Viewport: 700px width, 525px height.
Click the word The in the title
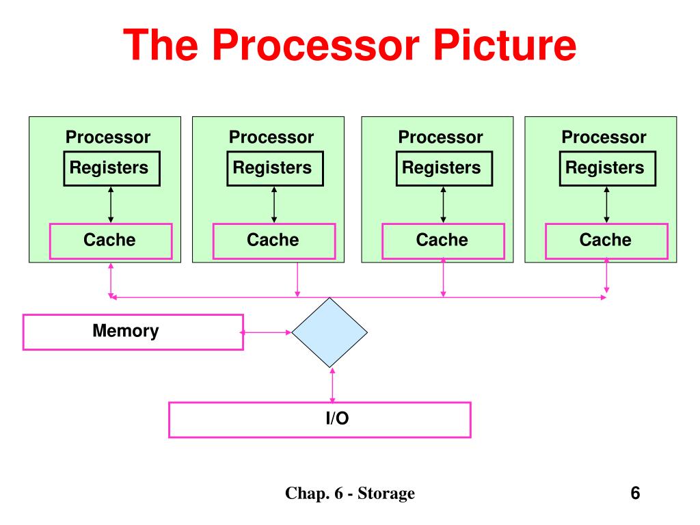[x=160, y=44]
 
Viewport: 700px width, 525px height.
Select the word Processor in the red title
[x=316, y=44]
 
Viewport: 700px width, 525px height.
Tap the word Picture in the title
[x=505, y=44]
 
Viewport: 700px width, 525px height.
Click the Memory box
[x=133, y=332]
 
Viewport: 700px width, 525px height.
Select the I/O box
[x=320, y=420]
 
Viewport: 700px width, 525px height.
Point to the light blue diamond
[x=329, y=333]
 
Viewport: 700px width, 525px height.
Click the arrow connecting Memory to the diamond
[x=266, y=332]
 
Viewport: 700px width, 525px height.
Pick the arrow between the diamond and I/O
[x=332, y=386]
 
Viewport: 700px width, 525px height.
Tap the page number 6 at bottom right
[x=635, y=493]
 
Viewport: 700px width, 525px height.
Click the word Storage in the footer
[x=386, y=494]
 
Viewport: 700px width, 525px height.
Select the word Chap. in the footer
[x=307, y=494]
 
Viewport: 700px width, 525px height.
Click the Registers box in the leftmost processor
[x=111, y=168]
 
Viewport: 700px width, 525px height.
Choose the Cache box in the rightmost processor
[x=606, y=241]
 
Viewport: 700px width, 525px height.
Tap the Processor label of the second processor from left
[x=271, y=137]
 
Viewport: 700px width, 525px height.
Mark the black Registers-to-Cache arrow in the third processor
[x=443, y=205]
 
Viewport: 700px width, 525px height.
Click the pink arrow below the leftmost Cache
[x=111, y=280]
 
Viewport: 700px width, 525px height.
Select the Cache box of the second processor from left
[x=273, y=241]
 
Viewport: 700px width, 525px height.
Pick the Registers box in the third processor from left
[x=444, y=168]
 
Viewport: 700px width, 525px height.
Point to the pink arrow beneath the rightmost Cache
[x=606, y=276]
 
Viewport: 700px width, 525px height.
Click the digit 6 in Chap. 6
[x=339, y=494]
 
